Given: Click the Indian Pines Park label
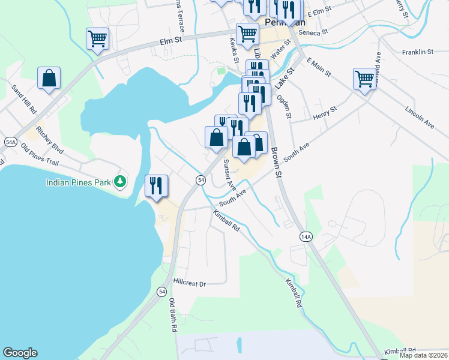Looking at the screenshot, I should click(x=81, y=181).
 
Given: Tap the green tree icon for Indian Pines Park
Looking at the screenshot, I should click(x=120, y=181).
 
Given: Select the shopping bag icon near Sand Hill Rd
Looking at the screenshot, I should click(x=49, y=78).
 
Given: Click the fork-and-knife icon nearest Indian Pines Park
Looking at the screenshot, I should click(x=157, y=185).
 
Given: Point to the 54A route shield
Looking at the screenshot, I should click(x=10, y=142).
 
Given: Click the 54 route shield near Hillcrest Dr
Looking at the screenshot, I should click(x=161, y=292).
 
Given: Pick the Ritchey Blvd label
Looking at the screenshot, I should click(x=49, y=138).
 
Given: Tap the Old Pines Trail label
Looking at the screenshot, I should click(x=39, y=155).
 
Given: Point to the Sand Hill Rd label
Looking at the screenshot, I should click(x=24, y=100).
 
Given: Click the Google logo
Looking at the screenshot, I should click(x=20, y=353).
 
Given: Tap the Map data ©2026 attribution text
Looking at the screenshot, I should click(x=424, y=355).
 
